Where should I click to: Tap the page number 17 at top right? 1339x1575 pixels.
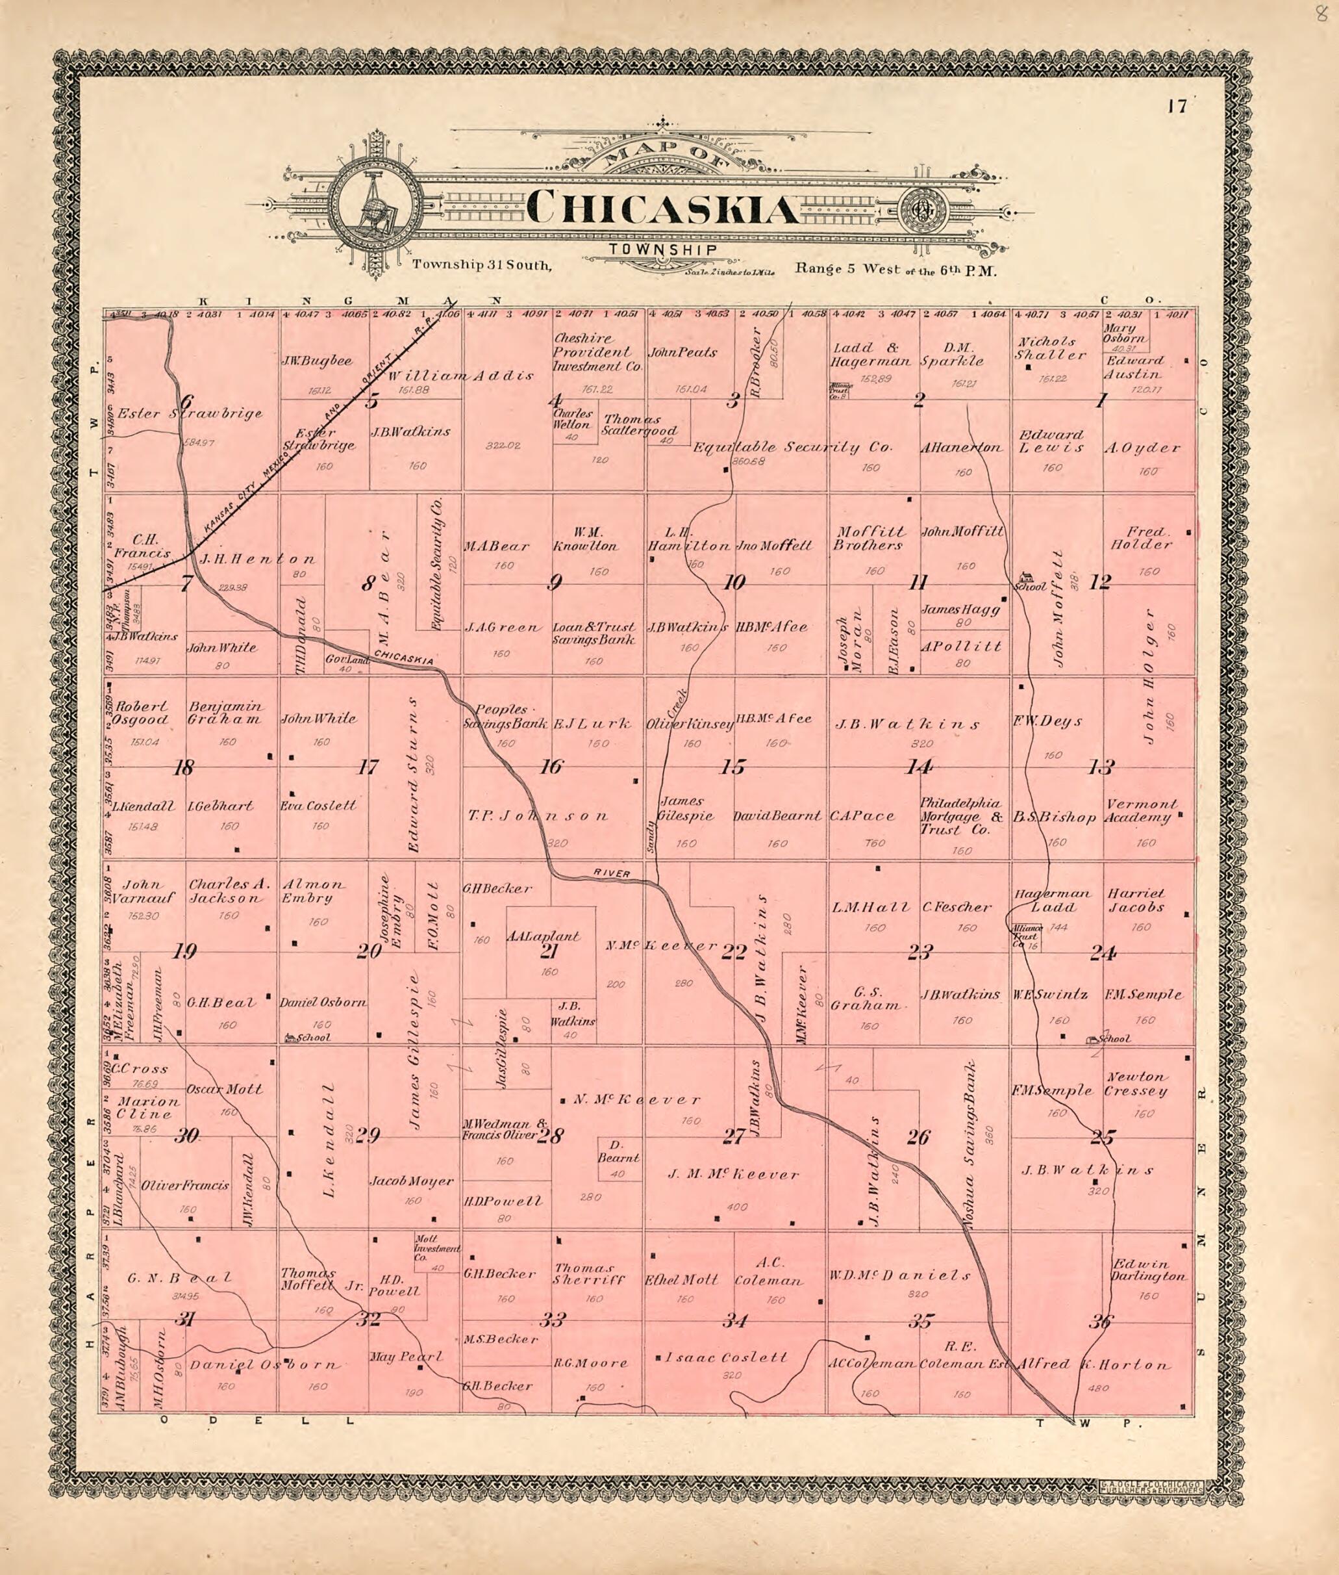(1177, 107)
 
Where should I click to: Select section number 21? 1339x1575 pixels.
(549, 951)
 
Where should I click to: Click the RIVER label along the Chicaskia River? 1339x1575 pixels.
(612, 874)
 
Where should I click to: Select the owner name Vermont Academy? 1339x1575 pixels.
(1141, 810)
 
